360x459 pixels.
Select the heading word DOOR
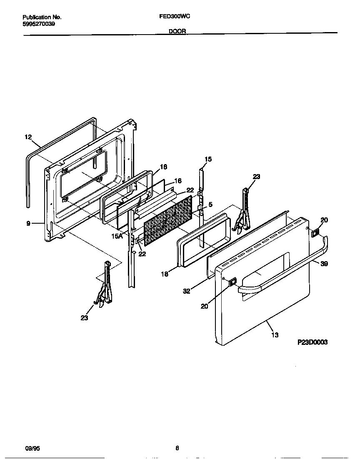(177, 31)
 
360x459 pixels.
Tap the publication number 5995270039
(39, 24)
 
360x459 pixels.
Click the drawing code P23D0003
(312, 342)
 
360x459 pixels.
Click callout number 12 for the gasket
(28, 137)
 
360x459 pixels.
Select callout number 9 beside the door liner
(28, 224)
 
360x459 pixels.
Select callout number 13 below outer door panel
(275, 334)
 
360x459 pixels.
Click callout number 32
(187, 291)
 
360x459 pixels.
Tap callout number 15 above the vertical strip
(208, 159)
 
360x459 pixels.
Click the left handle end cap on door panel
(232, 282)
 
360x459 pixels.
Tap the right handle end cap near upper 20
(315, 233)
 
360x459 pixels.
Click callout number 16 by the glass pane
(178, 181)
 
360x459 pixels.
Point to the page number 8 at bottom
(177, 448)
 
